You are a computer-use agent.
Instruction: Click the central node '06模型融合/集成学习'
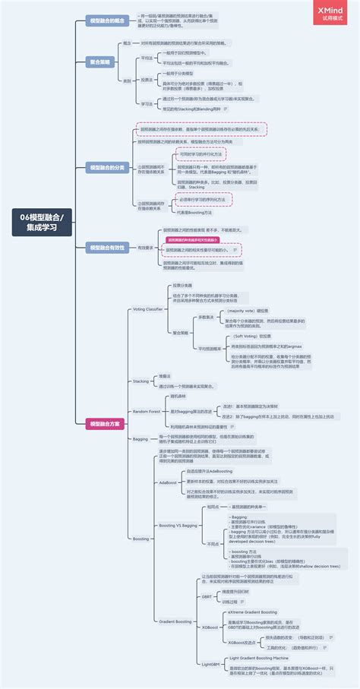(x=43, y=222)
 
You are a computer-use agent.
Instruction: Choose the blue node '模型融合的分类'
(x=106, y=166)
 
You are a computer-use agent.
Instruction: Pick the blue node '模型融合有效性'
(x=106, y=247)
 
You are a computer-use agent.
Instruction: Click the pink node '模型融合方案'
(x=106, y=423)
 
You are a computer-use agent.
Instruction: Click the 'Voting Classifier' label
(x=148, y=309)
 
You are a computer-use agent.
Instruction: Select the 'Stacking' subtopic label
(x=141, y=381)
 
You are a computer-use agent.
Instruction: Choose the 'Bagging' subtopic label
(x=141, y=439)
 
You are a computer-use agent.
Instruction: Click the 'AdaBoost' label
(x=168, y=482)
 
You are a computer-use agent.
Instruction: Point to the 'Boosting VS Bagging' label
(x=177, y=525)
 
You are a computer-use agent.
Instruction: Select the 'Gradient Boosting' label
(x=174, y=621)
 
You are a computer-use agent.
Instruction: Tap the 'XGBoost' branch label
(x=210, y=627)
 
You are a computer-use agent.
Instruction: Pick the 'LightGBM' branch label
(x=210, y=663)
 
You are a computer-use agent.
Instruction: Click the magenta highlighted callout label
(x=197, y=239)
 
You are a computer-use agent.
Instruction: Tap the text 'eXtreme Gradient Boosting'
(x=252, y=612)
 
